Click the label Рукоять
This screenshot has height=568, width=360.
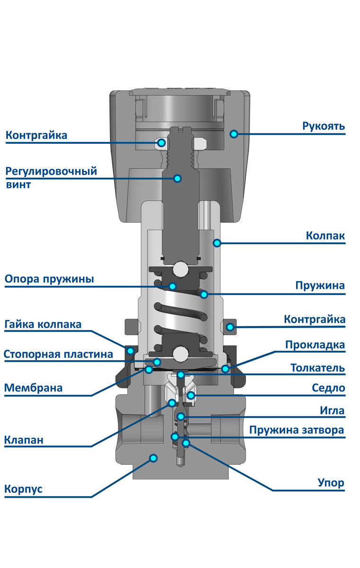(324, 126)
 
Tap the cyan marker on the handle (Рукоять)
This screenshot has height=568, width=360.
(234, 134)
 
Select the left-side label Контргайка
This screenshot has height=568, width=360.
(36, 135)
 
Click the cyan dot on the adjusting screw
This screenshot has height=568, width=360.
(178, 178)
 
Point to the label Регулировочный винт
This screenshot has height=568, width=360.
(51, 177)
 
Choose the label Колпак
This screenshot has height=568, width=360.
(325, 236)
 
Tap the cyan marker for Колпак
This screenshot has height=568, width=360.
(217, 243)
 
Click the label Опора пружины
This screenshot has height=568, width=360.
(49, 279)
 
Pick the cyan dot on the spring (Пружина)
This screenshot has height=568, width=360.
(204, 294)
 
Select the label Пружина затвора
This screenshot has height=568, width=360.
(297, 430)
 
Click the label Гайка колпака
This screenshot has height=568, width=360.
(43, 325)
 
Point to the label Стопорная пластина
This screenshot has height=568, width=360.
(58, 354)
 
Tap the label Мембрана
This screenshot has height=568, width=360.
(34, 388)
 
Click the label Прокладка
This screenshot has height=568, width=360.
(315, 345)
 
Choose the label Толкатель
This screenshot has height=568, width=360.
(317, 368)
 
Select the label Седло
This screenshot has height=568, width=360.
(328, 389)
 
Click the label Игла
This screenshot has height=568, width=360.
(332, 410)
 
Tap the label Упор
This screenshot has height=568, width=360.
(331, 483)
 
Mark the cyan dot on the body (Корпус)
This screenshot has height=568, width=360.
(153, 458)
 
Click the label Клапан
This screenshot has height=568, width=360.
(24, 440)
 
